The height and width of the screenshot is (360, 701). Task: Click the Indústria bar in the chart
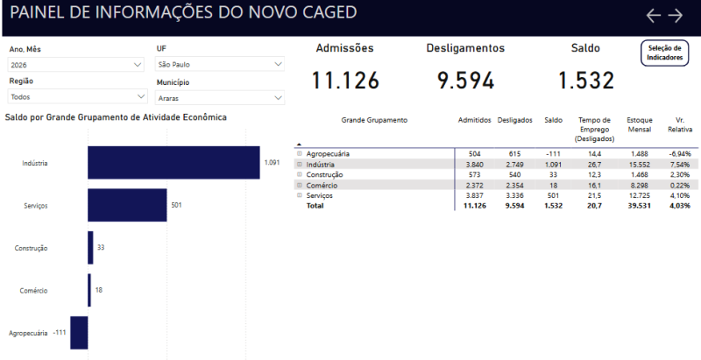[173, 163]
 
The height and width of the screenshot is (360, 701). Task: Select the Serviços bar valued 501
[127, 205]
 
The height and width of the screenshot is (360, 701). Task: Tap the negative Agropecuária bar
[79, 333]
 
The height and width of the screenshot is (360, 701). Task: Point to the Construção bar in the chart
[90, 247]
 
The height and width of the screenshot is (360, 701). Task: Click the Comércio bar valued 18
[89, 290]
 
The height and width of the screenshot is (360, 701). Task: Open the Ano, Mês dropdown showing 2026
[75, 65]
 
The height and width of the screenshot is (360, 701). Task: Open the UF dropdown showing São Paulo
[220, 64]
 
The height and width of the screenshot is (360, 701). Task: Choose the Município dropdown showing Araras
[220, 98]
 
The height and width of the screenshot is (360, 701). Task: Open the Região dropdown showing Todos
[77, 96]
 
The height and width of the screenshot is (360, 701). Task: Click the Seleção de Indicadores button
[665, 53]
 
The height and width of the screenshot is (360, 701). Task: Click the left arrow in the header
[654, 15]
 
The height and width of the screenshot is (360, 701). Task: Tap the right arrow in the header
[676, 15]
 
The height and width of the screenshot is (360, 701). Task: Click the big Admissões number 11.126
[345, 81]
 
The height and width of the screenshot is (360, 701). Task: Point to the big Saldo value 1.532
[586, 81]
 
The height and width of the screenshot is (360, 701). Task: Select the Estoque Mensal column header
[640, 124]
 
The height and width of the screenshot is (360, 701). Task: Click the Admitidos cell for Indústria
[474, 165]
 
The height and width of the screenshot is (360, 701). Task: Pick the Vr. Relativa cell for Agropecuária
[680, 153]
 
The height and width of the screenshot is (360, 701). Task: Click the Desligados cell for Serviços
[514, 195]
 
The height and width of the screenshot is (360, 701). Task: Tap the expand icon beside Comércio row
[300, 185]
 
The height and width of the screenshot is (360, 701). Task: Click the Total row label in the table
[315, 206]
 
